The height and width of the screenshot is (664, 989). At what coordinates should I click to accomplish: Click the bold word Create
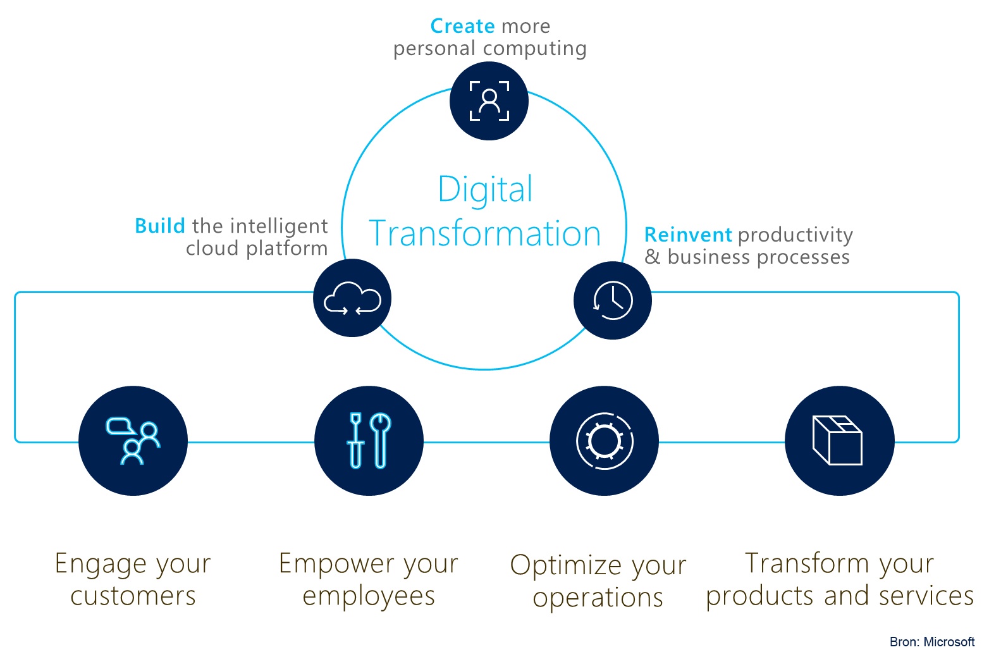click(x=462, y=26)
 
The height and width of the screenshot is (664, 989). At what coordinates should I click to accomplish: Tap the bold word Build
click(x=160, y=226)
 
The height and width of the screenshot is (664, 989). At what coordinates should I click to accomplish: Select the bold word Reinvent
click(x=689, y=235)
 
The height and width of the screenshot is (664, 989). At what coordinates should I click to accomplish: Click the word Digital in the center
click(x=485, y=190)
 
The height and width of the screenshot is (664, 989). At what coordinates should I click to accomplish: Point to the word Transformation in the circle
click(x=485, y=233)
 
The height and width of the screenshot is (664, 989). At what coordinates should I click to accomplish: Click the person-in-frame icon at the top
click(x=489, y=101)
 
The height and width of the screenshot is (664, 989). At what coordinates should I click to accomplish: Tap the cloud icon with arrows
click(x=352, y=298)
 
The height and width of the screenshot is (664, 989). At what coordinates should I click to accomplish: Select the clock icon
click(x=612, y=300)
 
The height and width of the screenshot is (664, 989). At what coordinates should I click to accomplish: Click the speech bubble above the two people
click(x=120, y=426)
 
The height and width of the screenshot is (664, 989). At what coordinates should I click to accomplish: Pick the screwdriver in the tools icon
click(x=356, y=440)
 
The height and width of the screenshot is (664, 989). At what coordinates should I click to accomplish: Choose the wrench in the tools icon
click(x=381, y=440)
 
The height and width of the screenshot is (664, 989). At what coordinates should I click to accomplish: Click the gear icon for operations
click(x=605, y=441)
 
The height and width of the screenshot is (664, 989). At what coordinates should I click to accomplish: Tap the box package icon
click(x=837, y=440)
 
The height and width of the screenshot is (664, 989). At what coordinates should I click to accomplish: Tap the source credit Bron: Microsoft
click(x=932, y=641)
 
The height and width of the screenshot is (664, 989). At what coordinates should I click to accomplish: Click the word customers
click(x=133, y=596)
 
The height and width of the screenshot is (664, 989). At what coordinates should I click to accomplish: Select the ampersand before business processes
click(x=653, y=257)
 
